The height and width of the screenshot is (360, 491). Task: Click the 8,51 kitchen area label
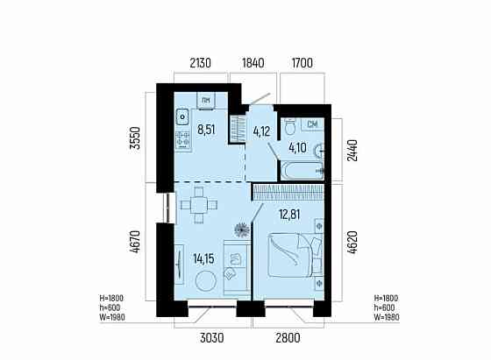(x=206, y=129)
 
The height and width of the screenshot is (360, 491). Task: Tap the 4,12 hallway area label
(x=261, y=131)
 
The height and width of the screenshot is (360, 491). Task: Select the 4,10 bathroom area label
(x=298, y=148)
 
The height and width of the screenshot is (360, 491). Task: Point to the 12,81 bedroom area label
(x=289, y=215)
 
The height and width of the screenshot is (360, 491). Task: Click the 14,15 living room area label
(x=203, y=258)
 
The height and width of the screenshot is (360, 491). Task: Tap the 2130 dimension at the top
(x=201, y=63)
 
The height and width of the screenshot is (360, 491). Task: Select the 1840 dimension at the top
(x=253, y=63)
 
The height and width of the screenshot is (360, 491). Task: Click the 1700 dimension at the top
(x=302, y=63)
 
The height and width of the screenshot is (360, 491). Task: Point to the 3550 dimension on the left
(x=135, y=138)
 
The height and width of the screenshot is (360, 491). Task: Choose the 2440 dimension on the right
(x=352, y=151)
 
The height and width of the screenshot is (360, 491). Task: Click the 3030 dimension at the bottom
(x=212, y=338)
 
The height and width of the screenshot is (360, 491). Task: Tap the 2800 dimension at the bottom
(x=288, y=338)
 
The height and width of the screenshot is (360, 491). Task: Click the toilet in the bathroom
(x=291, y=127)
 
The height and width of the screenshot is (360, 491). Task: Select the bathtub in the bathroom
(x=302, y=171)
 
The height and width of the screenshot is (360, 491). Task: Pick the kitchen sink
(x=182, y=117)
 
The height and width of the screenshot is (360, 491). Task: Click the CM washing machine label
(x=312, y=124)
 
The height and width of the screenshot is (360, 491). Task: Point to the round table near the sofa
(x=206, y=281)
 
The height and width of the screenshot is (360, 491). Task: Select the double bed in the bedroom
(x=295, y=255)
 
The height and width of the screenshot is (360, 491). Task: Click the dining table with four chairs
(x=199, y=205)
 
